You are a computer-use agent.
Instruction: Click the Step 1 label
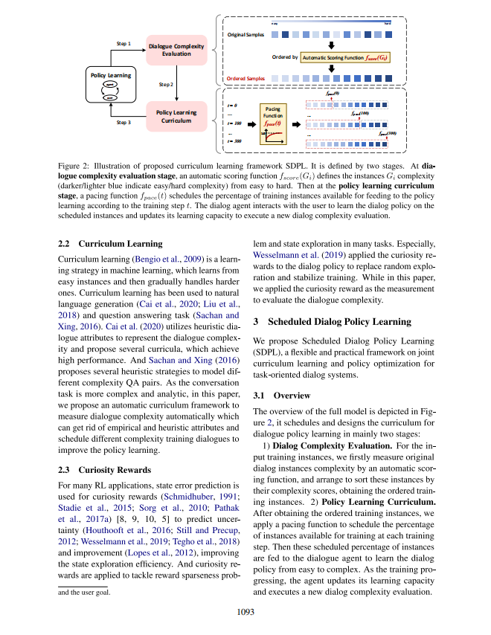point(124,44)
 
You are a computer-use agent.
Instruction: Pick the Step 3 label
point(124,122)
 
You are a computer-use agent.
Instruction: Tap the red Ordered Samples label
point(245,77)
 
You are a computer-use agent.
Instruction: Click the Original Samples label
point(246,34)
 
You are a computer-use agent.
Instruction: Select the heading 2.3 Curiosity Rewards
point(104,469)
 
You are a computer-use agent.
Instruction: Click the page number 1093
point(245,612)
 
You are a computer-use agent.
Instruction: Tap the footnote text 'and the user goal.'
point(84,593)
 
